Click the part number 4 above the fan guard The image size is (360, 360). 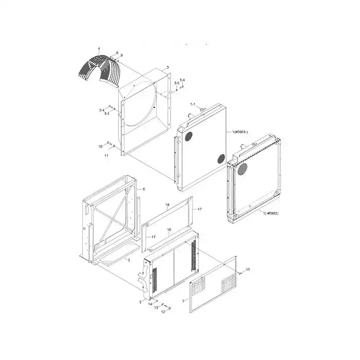pos(99,49)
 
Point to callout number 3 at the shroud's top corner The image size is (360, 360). pos(168,68)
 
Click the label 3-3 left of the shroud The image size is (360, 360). pos(106,114)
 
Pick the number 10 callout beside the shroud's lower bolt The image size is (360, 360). pos(101,147)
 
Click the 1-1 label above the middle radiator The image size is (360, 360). pos(194,104)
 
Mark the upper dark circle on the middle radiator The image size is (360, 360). pos(188,136)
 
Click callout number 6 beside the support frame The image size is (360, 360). pos(143,189)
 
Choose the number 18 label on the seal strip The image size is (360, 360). pos(168,205)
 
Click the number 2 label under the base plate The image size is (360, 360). pos(128,261)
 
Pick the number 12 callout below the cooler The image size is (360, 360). pos(163,312)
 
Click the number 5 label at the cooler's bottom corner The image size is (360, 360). pos(140,302)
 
